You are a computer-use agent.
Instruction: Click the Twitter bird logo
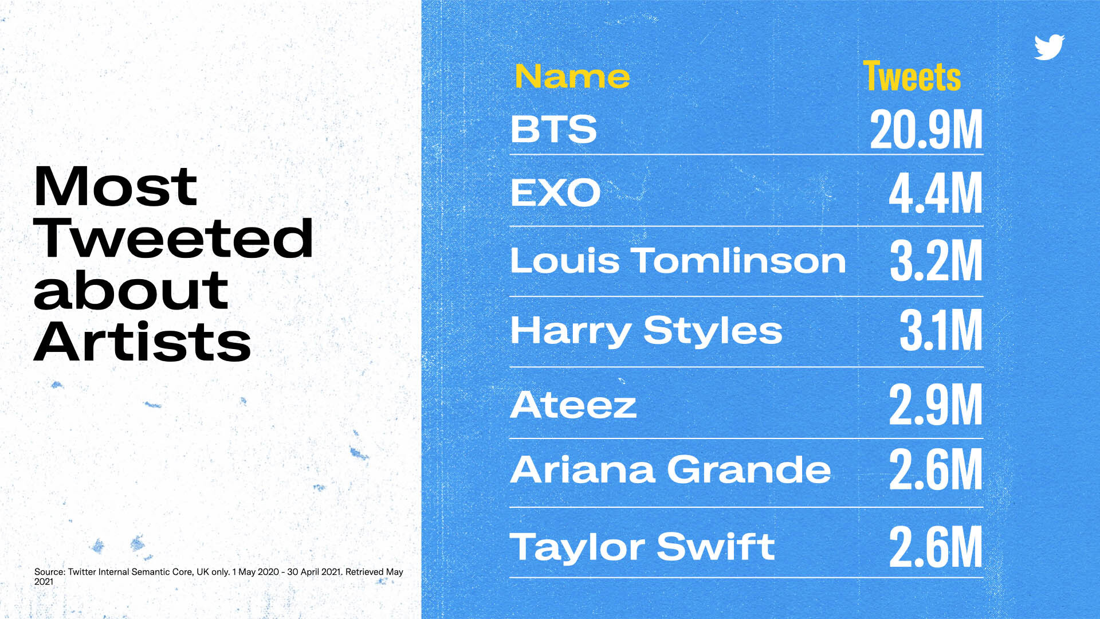[1049, 47]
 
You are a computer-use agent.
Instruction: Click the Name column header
[572, 76]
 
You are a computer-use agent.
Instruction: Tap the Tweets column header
[912, 76]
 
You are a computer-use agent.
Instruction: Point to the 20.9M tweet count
[926, 130]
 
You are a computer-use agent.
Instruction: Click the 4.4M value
[936, 193]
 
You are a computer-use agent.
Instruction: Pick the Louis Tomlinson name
[678, 261]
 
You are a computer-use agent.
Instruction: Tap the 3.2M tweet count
[936, 261]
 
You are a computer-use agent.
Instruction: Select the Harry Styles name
[646, 331]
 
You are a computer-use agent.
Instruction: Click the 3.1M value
[941, 330]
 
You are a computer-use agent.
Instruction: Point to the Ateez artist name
[573, 405]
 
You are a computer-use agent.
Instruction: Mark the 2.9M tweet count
[936, 405]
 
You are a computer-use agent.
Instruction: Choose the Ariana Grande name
[670, 469]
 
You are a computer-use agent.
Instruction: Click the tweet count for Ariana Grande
[936, 469]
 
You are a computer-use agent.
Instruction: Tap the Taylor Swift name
[642, 547]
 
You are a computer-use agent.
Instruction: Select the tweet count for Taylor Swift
[936, 547]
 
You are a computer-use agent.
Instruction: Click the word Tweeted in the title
[174, 238]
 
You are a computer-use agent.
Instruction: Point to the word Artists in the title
[142, 342]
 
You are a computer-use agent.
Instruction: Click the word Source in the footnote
[49, 571]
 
